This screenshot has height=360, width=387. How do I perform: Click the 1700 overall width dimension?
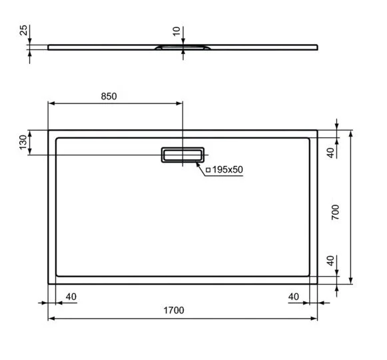173,311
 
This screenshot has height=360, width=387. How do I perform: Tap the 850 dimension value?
109,96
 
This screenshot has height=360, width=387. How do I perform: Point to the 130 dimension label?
23,142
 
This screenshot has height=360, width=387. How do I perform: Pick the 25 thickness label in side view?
23,30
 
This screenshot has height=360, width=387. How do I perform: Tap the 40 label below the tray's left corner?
72,296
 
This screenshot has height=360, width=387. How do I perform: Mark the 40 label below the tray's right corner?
294,296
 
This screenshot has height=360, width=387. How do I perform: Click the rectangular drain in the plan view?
182,155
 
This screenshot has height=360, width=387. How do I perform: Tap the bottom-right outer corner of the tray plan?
317,283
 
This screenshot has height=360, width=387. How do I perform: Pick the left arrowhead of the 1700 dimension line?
51,318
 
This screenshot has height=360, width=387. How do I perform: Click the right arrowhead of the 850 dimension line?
179,103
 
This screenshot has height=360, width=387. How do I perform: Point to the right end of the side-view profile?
317,47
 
